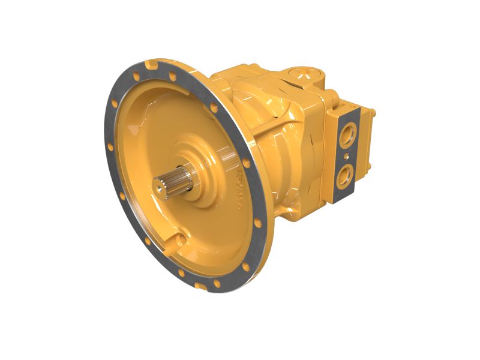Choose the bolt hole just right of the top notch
coord(173,76)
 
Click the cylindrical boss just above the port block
coord(331,96)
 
